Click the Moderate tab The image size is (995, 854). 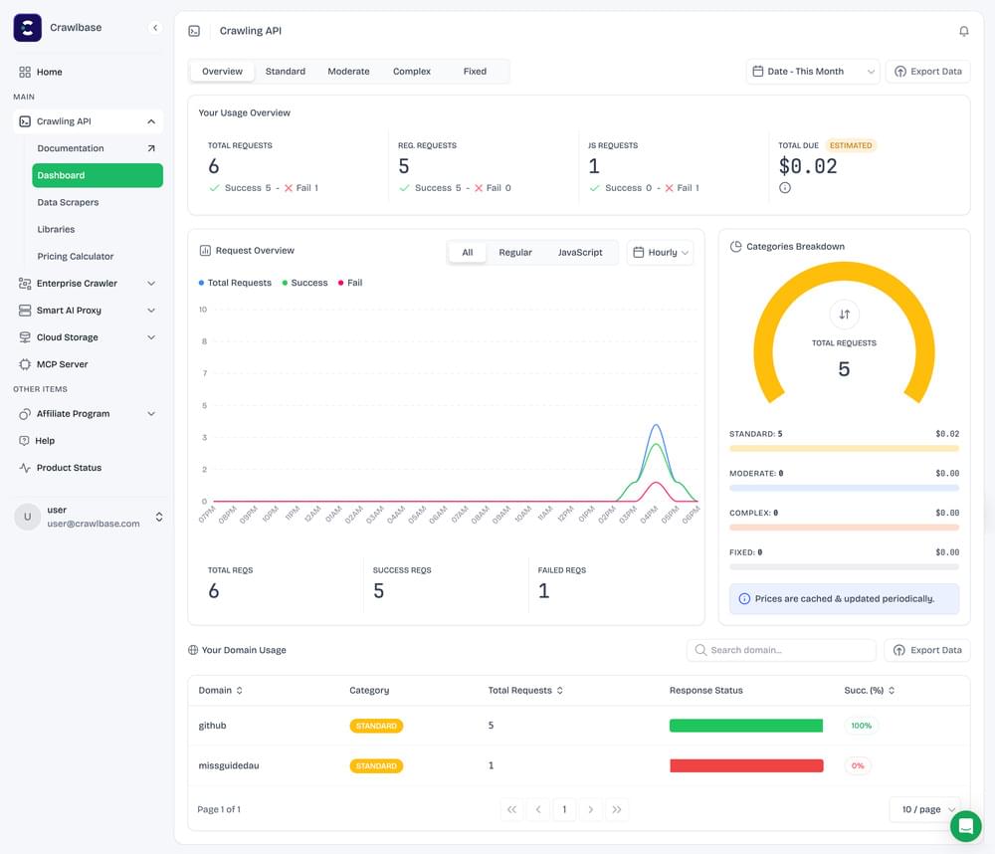click(348, 72)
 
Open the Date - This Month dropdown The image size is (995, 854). click(814, 72)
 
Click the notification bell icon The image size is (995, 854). click(963, 31)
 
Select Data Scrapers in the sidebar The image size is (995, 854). click(68, 202)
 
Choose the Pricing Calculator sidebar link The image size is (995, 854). click(76, 256)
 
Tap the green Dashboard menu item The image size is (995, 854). click(98, 175)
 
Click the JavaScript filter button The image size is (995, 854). click(579, 253)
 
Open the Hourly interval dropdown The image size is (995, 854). click(660, 253)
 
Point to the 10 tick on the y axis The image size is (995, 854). click(203, 310)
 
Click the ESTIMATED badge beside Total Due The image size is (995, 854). click(851, 145)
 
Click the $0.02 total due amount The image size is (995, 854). click(808, 166)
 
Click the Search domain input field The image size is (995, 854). click(781, 650)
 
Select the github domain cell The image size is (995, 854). click(213, 726)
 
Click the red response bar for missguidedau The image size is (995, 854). click(746, 765)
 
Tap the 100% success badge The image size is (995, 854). click(861, 726)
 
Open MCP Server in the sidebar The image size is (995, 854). click(62, 364)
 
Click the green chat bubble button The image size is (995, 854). click(965, 826)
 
